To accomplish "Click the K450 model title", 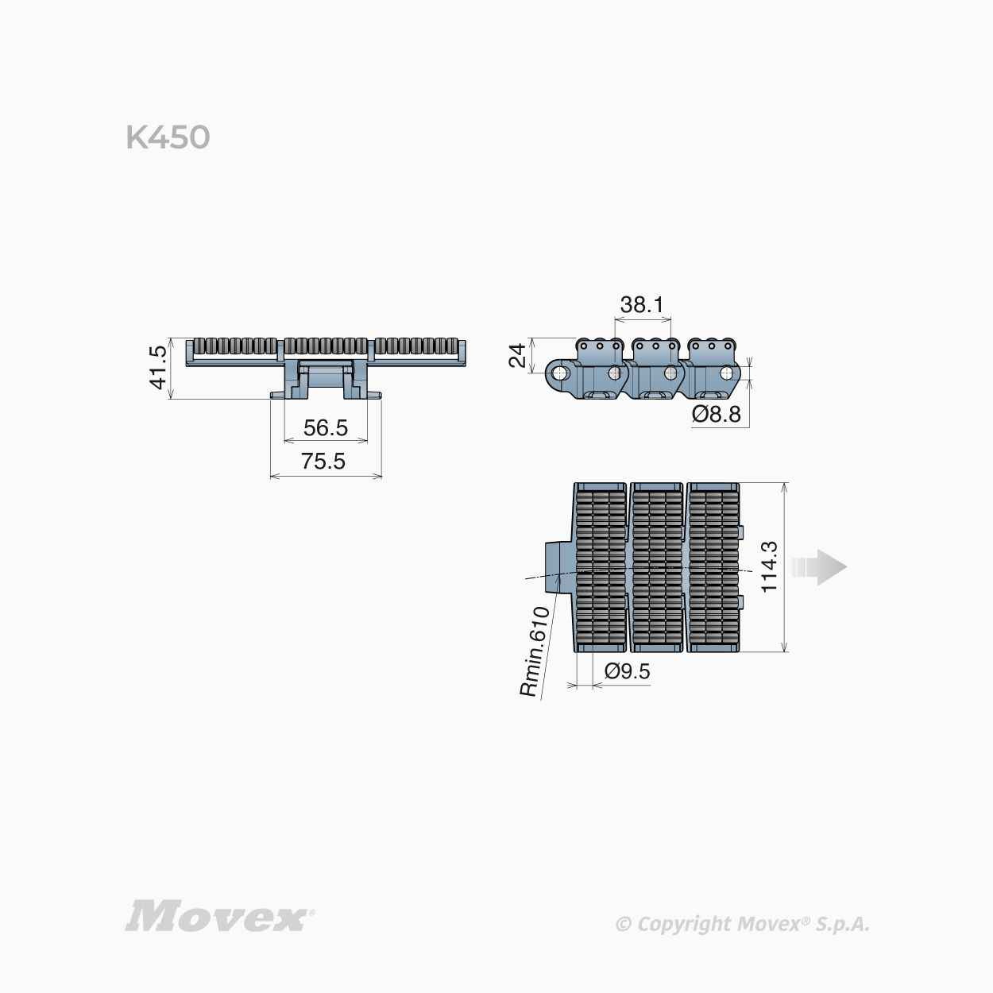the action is [168, 137].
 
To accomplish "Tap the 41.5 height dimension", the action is [158, 368].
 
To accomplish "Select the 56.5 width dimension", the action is [326, 427].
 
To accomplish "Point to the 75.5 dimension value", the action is [323, 461].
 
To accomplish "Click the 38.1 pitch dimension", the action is [642, 304].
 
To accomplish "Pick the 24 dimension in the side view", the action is [517, 355].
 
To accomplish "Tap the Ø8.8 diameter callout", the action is [717, 414].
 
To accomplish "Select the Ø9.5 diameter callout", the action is [627, 671].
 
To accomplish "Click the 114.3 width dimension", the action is [769, 567].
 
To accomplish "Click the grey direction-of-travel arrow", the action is [819, 567].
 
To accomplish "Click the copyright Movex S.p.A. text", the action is [743, 924].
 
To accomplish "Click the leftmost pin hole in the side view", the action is [559, 373].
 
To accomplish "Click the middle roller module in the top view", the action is [657, 567].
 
